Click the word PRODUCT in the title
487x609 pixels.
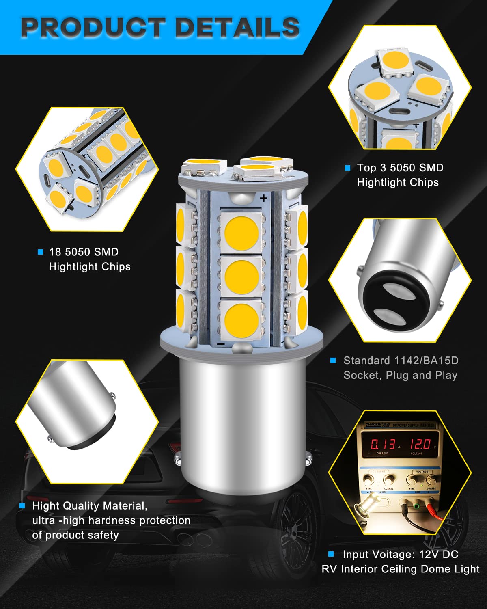tap(92, 28)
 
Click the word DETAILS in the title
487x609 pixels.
tap(237, 28)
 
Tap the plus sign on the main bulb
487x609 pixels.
tap(264, 198)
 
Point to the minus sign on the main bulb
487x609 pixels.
tap(221, 344)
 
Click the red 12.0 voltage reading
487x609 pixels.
tap(420, 444)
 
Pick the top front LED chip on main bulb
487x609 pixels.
tap(241, 233)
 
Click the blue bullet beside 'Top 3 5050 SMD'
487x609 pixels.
tap(347, 168)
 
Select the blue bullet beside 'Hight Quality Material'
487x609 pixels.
tap(22, 506)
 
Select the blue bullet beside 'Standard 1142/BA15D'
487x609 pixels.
tap(333, 361)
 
